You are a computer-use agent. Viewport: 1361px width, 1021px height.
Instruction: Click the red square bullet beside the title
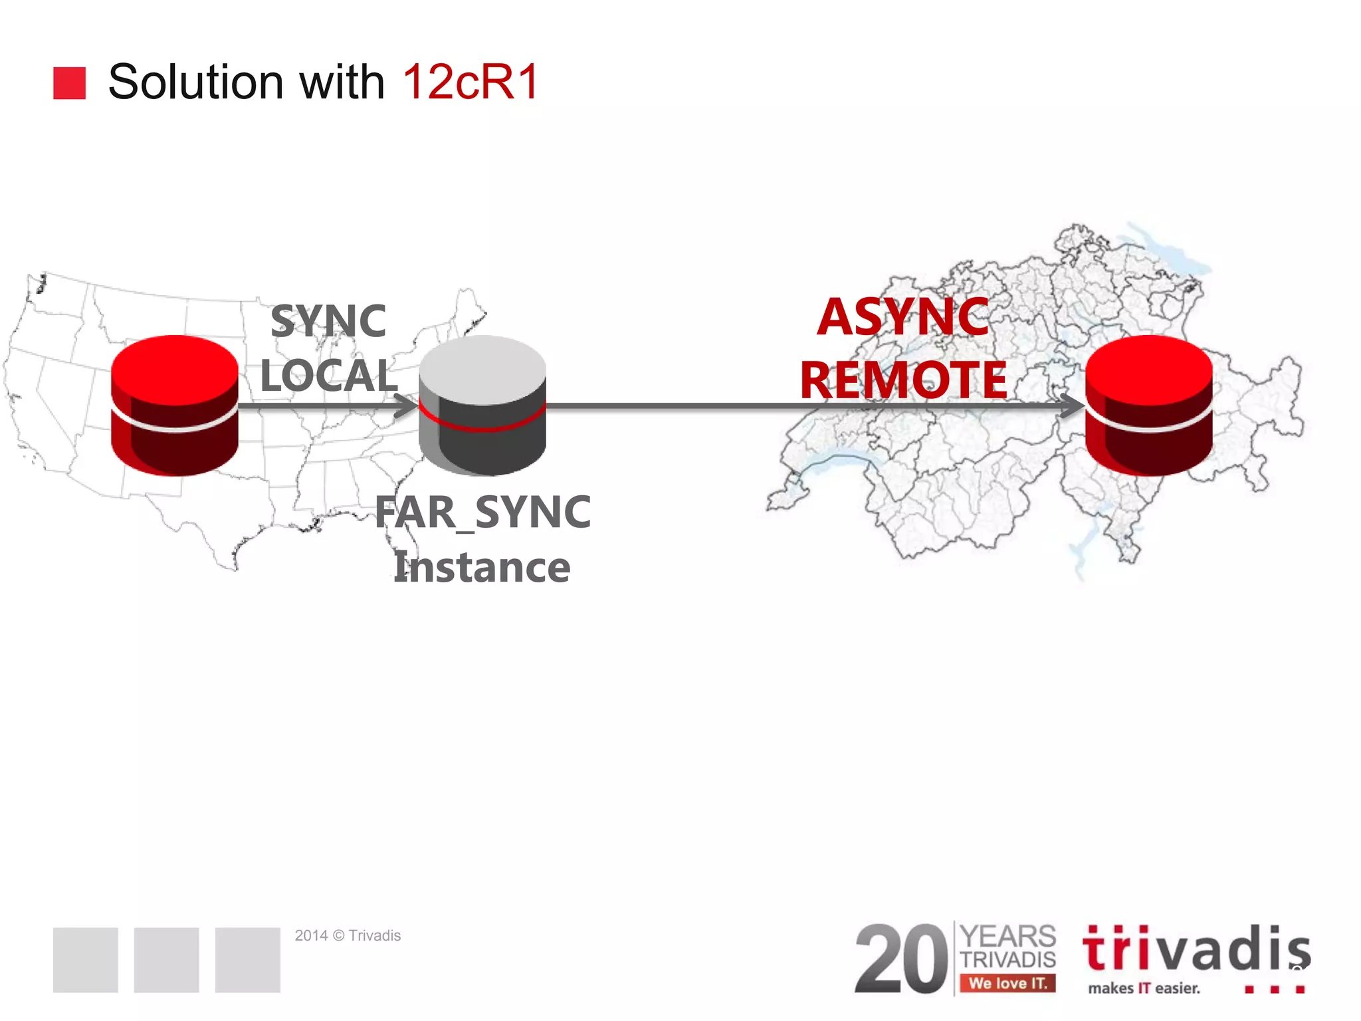tap(69, 83)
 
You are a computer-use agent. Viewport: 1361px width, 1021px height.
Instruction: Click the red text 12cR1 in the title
tap(471, 82)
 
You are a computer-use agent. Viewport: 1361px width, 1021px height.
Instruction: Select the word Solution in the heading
tap(195, 82)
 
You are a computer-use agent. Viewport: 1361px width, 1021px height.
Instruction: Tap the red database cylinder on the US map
tap(174, 405)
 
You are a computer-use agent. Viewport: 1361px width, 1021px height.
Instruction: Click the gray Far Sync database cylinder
tap(482, 405)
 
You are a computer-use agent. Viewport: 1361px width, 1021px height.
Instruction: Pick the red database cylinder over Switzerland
tap(1148, 405)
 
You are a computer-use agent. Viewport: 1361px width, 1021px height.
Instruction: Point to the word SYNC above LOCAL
tap(328, 321)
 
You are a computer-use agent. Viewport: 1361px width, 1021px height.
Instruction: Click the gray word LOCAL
tap(328, 376)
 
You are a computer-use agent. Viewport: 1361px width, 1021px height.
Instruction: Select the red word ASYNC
tap(903, 317)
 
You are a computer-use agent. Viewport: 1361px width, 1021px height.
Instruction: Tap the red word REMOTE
tap(903, 380)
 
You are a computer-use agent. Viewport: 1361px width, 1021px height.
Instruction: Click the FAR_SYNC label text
tap(482, 512)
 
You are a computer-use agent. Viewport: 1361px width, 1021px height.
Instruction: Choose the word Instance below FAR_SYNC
tap(482, 568)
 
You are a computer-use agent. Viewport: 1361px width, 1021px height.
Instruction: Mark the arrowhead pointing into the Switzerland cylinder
tap(1072, 405)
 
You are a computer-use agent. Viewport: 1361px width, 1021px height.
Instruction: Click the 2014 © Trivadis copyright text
tap(348, 935)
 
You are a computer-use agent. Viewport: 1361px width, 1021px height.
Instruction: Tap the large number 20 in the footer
tap(901, 959)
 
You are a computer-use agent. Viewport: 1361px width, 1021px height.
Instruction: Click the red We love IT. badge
tap(1007, 983)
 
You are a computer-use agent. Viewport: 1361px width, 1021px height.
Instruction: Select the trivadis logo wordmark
tap(1196, 949)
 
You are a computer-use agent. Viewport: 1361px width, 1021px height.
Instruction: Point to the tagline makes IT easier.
tap(1144, 988)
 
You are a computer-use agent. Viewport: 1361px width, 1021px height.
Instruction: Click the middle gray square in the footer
tap(166, 960)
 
